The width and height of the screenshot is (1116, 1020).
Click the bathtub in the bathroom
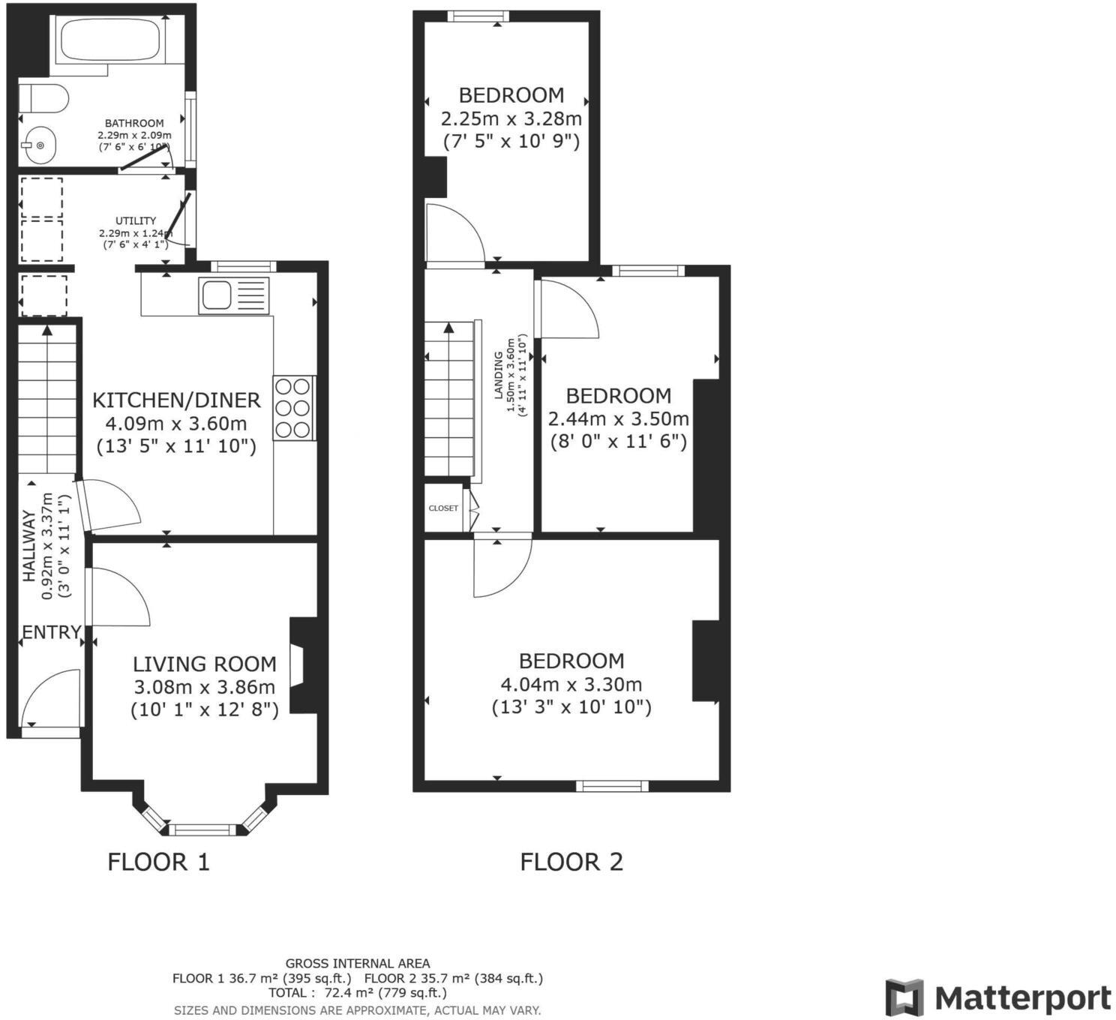[x=109, y=40]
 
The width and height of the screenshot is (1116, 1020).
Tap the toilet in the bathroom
[x=43, y=98]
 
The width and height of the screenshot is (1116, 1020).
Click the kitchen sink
[x=216, y=295]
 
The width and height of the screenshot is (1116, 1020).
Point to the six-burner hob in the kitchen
[x=293, y=408]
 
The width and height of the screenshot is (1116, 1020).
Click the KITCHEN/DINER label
[x=176, y=400]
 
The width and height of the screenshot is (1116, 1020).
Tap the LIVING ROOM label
[x=204, y=664]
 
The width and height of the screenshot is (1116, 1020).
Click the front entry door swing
[x=49, y=699]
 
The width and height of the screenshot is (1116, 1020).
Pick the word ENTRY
[x=50, y=632]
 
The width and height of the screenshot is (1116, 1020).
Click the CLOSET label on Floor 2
[x=443, y=508]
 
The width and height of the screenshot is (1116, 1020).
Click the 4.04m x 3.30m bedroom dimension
[x=571, y=684]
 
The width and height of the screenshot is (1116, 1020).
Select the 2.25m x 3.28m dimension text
[x=511, y=118]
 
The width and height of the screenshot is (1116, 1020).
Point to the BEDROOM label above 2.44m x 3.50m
[x=618, y=395]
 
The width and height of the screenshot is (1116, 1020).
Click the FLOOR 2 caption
[x=571, y=862]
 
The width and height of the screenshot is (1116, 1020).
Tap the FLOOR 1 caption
[x=158, y=862]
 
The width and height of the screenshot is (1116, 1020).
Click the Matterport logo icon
[x=904, y=997]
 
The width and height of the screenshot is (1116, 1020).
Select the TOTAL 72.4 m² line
[x=357, y=993]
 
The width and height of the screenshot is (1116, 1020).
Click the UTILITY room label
[x=136, y=221]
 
